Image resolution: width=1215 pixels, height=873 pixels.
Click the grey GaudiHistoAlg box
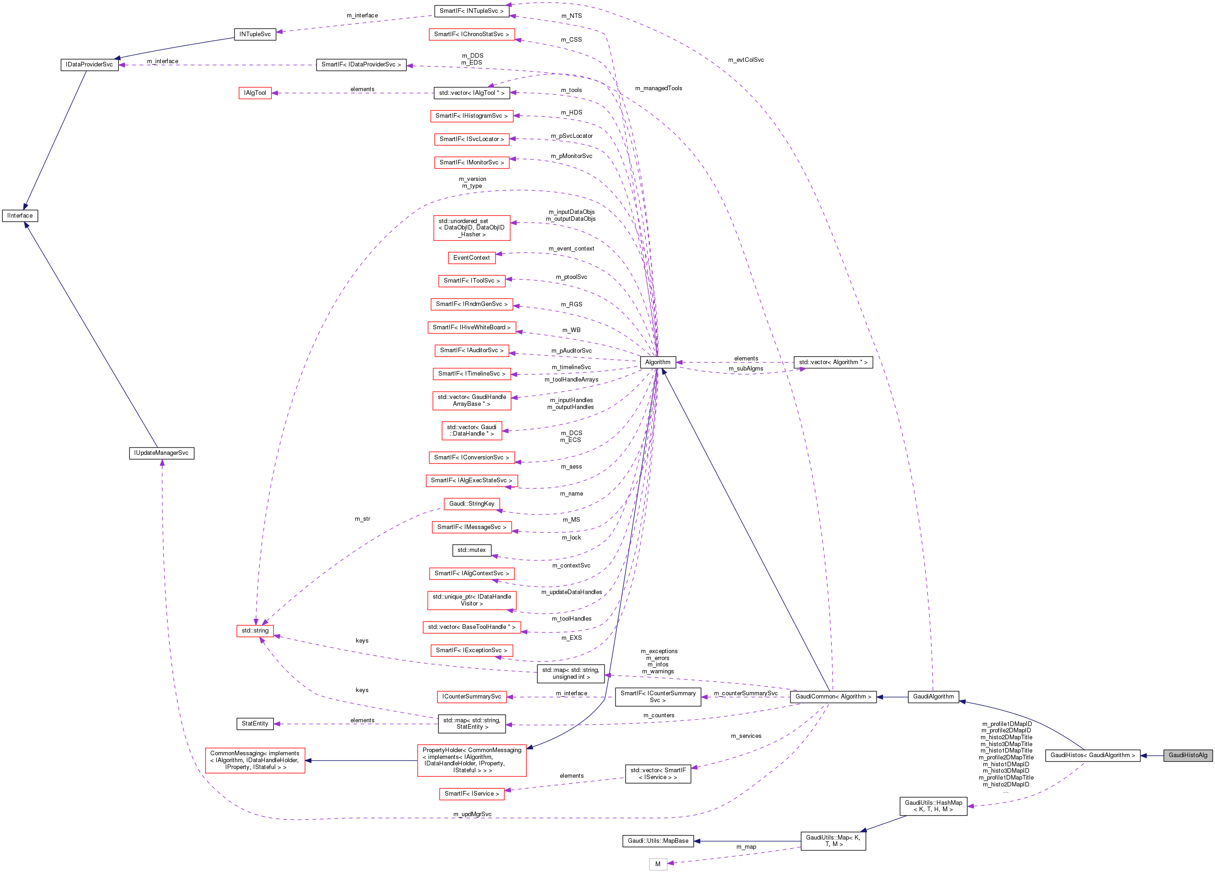coord(1188,755)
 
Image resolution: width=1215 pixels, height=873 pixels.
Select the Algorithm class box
coord(657,362)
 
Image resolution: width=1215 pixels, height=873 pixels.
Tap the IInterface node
coord(20,215)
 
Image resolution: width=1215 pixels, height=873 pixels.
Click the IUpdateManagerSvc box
coord(161,453)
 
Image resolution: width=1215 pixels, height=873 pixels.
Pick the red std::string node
coord(255,631)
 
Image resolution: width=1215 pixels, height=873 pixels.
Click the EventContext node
coord(471,258)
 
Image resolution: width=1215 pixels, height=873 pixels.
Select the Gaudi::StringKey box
coord(471,504)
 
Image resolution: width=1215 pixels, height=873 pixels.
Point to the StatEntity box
coord(255,724)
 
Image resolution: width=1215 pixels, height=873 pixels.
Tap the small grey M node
coord(657,864)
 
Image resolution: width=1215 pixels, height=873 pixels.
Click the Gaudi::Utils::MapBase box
coord(658,841)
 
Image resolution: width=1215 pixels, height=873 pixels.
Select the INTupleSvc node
coord(255,34)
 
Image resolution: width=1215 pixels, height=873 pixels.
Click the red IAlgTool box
coord(255,93)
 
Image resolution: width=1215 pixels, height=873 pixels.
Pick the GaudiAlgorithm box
coord(933,697)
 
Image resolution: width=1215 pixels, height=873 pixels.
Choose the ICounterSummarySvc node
coord(471,697)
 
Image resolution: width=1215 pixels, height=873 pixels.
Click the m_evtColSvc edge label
coord(746,60)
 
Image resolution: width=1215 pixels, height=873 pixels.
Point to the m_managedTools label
coord(659,88)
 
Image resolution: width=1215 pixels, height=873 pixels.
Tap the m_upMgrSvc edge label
coord(472,814)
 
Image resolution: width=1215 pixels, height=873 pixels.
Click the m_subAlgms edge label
coord(746,369)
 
